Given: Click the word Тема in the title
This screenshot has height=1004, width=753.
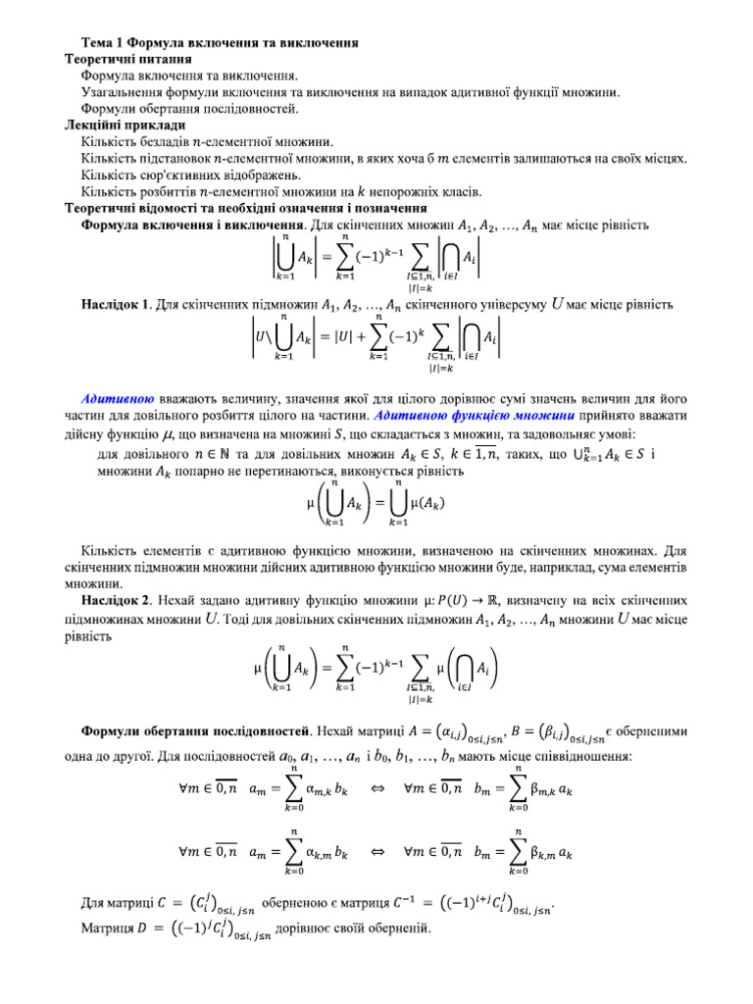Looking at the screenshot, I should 98,43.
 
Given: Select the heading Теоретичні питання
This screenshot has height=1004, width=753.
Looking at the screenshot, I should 122,59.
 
